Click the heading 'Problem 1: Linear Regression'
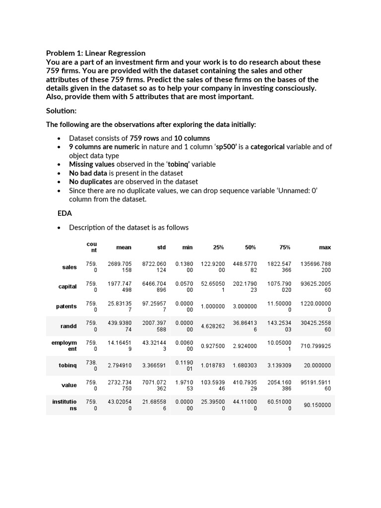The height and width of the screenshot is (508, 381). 96,53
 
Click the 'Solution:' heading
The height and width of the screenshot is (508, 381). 61,111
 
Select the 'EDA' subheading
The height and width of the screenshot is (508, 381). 65,213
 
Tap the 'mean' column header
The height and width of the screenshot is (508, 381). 124,247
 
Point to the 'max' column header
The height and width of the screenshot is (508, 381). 325,247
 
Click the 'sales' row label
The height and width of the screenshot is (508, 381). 69,267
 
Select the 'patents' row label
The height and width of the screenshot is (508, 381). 66,306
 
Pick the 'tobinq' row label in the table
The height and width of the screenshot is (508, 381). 67,366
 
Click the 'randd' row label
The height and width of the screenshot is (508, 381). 68,326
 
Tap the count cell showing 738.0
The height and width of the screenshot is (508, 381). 91,366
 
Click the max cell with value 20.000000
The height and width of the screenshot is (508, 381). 317,366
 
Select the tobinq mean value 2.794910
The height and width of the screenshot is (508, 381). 120,366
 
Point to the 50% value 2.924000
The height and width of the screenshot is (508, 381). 245,346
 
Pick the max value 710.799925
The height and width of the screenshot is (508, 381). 316,346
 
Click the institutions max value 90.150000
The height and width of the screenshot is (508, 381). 317,405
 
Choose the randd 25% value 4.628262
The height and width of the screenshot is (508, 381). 213,326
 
